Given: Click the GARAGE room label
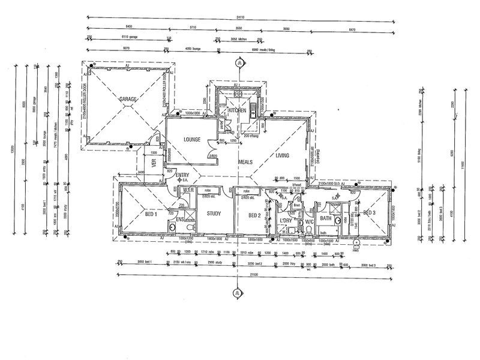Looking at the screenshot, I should click(x=128, y=98).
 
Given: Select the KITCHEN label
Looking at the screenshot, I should click(x=238, y=110).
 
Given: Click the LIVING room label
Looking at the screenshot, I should click(x=282, y=155).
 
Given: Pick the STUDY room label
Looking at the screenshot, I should click(x=214, y=214).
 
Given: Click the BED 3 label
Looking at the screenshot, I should click(x=369, y=212).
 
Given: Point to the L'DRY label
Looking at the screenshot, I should click(x=286, y=221).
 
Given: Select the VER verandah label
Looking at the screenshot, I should click(x=154, y=160).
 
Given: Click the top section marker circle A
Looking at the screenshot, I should click(x=239, y=62).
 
